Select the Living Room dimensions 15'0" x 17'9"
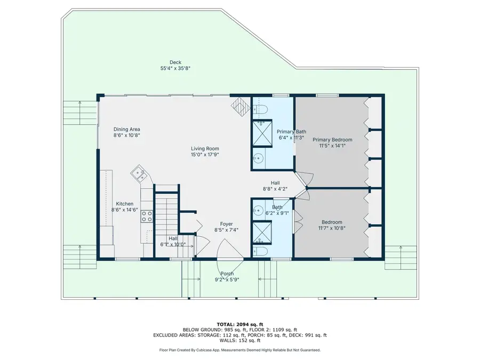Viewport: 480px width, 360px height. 205,155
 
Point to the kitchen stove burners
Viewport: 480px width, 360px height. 147,217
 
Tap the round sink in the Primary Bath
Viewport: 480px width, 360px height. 259,158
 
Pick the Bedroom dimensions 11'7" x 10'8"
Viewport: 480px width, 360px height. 332,229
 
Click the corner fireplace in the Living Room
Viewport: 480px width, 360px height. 241,106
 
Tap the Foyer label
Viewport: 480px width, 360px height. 227,224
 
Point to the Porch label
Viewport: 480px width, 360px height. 227,274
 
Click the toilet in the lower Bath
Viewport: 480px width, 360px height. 260,251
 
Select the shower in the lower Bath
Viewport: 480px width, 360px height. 261,230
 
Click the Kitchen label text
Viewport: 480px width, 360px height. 125,204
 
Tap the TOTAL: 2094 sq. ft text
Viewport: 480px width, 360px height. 239,324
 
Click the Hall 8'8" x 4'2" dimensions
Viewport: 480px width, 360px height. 275,189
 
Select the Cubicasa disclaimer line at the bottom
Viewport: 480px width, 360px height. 239,350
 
